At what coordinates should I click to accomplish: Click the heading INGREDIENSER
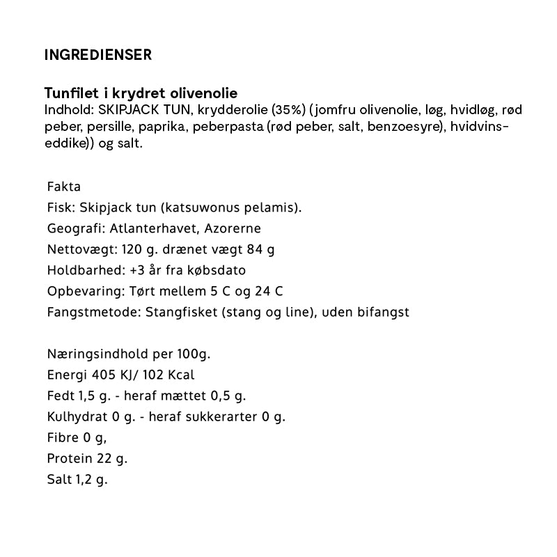point(97,55)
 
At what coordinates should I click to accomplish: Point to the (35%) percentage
point(288,110)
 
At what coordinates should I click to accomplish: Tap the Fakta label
point(64,187)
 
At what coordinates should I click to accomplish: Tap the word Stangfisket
point(178,312)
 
